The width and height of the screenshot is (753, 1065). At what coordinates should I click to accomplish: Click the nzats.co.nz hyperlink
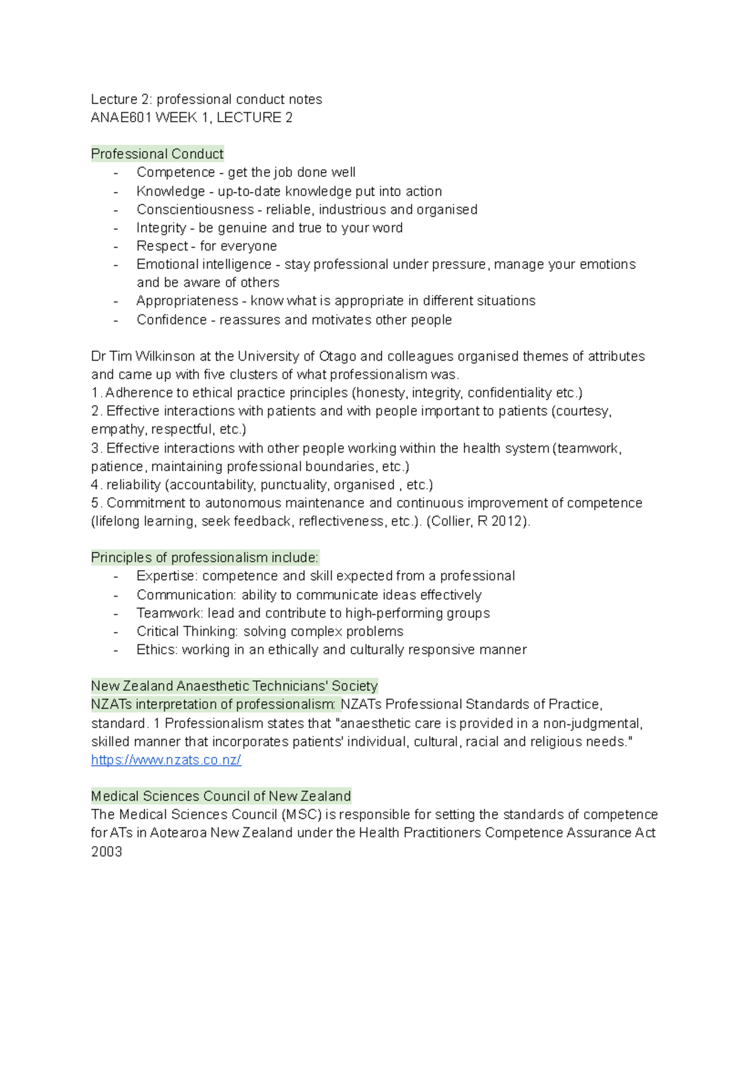pyautogui.click(x=166, y=760)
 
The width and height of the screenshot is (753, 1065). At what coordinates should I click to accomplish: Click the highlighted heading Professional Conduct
pyautogui.click(x=157, y=154)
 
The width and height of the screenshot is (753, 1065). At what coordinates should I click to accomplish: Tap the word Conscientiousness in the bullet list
pyautogui.click(x=195, y=209)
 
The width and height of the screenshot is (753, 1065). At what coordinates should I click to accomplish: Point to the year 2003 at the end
pyautogui.click(x=107, y=852)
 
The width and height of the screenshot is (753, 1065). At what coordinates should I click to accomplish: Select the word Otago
pyautogui.click(x=338, y=356)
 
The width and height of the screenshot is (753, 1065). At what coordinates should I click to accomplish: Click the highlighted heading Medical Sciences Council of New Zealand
pyautogui.click(x=221, y=796)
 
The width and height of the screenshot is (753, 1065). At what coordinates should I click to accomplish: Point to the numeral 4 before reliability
pyautogui.click(x=95, y=485)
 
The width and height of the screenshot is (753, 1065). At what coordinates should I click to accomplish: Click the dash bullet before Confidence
pyautogui.click(x=115, y=320)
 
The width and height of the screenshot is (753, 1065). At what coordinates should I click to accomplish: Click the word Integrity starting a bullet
pyautogui.click(x=161, y=228)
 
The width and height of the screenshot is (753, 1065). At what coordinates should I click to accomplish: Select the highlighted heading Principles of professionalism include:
pyautogui.click(x=205, y=558)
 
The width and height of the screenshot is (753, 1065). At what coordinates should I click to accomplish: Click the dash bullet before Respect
pyautogui.click(x=115, y=246)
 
